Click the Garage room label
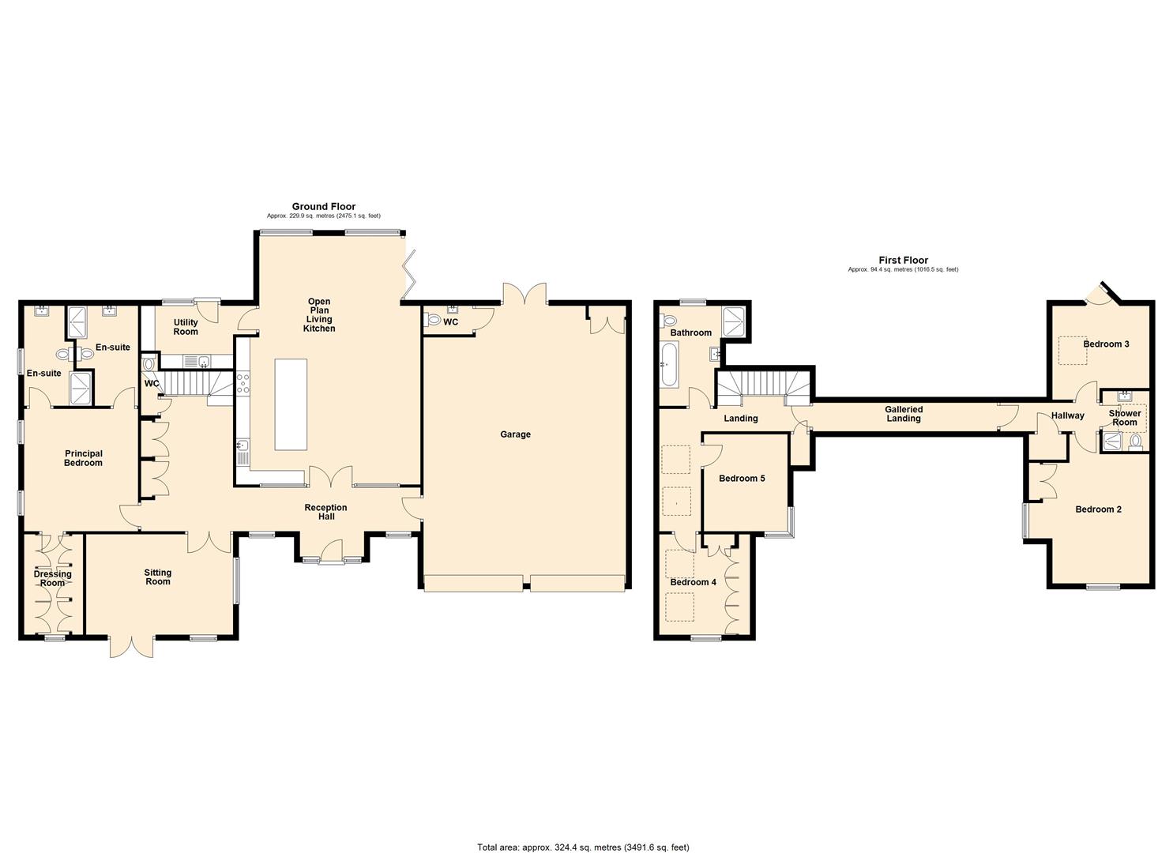point(515,434)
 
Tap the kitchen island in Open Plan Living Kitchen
point(290,404)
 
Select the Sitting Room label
point(158,577)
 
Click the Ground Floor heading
point(324,206)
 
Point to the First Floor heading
point(903,260)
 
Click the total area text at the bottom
point(583,847)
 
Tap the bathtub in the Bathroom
point(668,368)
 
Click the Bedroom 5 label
point(742,479)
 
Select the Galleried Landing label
point(903,414)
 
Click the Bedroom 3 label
point(1106,344)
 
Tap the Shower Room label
point(1124,418)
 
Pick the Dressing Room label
point(52,579)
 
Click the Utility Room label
point(186,327)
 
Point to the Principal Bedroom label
point(83,458)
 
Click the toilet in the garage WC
point(432,319)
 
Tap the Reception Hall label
point(326,512)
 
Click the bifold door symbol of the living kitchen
point(409,274)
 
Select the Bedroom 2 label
point(1098,509)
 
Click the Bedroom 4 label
point(693,582)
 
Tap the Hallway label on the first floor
point(1067,415)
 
